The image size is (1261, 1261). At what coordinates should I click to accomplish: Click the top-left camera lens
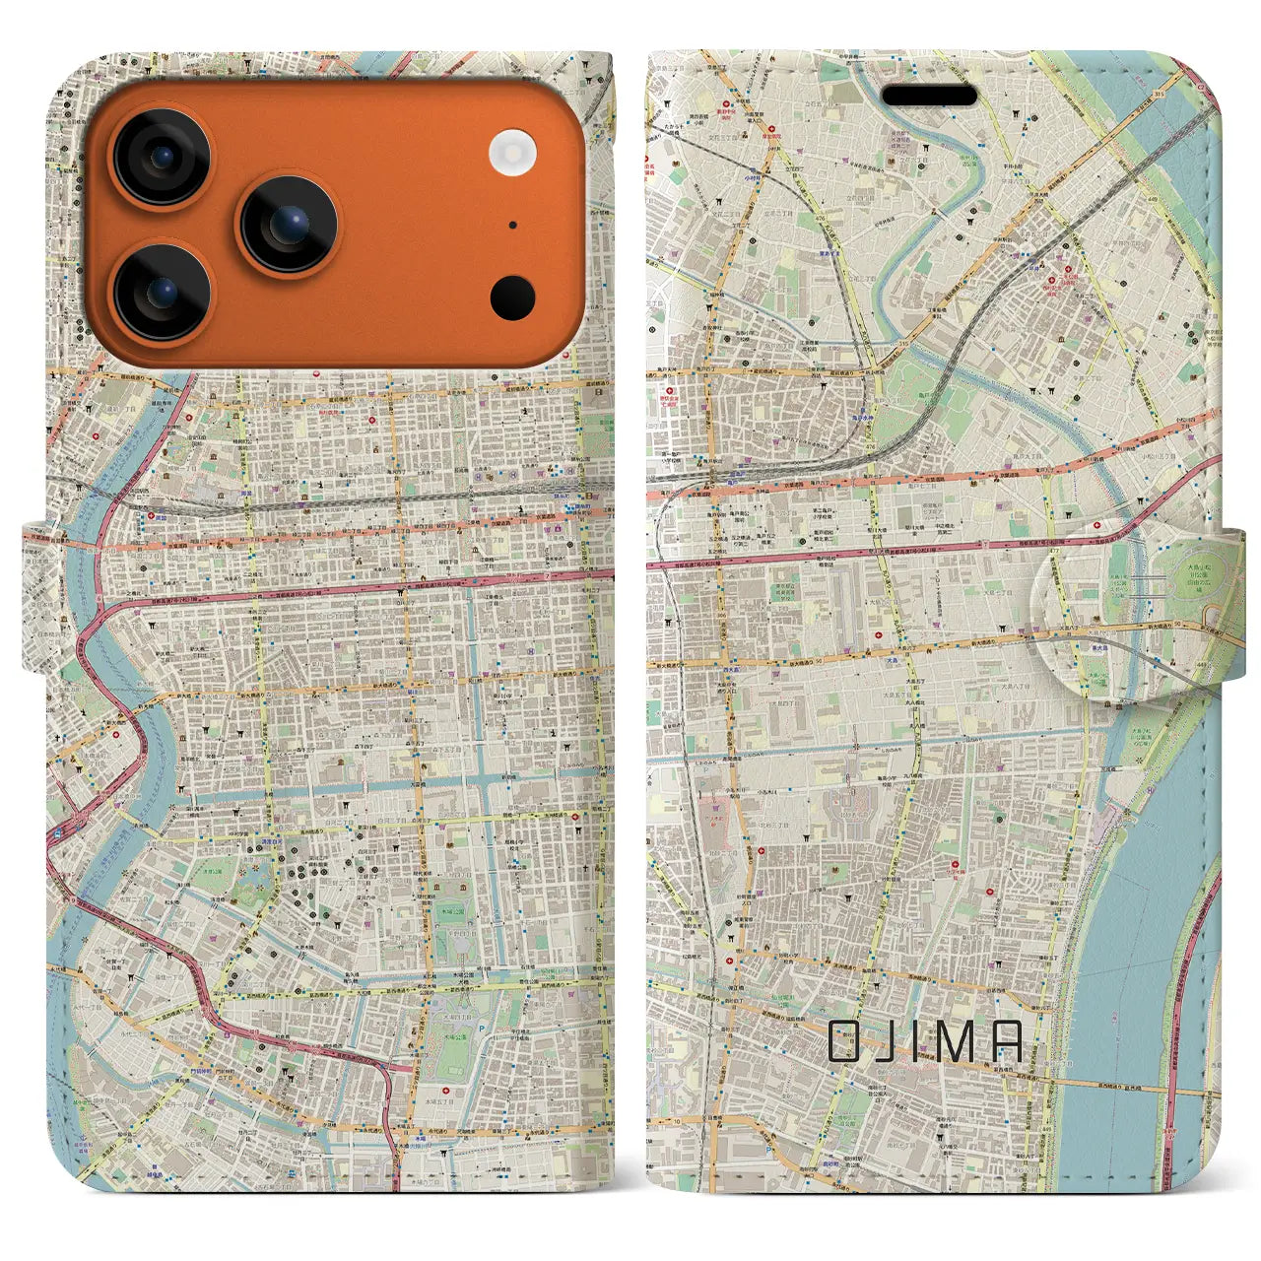tap(160, 157)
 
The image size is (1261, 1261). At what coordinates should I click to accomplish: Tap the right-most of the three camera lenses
tap(288, 225)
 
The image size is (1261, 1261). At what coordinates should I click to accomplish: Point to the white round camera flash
tap(511, 154)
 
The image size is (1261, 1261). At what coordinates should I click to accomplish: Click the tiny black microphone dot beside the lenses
tap(512, 225)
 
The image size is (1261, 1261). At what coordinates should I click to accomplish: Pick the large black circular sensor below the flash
tap(512, 297)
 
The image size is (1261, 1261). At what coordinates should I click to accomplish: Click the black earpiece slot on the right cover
tap(928, 96)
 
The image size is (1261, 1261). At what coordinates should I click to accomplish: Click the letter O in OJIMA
tap(844, 1040)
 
